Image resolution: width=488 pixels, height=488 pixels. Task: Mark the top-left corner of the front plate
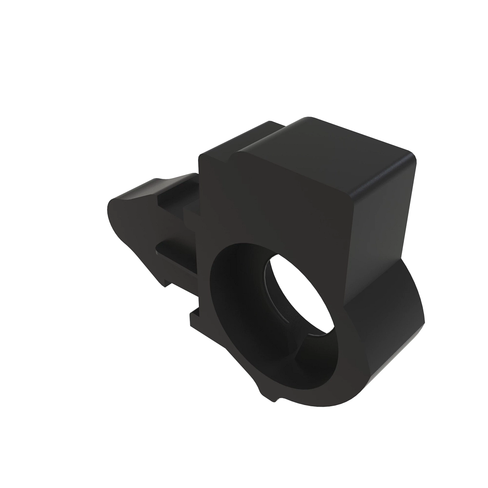tap(201, 157)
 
